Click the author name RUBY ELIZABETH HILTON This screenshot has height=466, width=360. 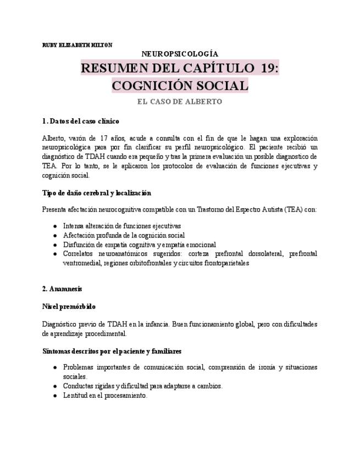(77, 45)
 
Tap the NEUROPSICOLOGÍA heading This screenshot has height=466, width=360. (180, 54)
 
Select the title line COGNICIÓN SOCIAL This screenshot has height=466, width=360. (180, 86)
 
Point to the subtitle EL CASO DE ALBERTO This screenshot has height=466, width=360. (180, 102)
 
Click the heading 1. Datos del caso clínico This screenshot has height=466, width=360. (80, 121)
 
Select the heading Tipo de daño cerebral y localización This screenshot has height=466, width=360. (96, 193)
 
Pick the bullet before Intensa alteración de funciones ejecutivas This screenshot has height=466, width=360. (55, 226)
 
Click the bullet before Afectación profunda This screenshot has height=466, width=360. (55, 235)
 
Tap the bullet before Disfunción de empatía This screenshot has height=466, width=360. (55, 245)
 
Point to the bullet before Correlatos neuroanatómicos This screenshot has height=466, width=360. (55, 254)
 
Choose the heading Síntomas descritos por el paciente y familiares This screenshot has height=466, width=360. (112, 351)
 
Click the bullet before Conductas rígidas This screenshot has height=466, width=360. (55, 386)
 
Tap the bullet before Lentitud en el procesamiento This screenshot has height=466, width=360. (55, 396)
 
